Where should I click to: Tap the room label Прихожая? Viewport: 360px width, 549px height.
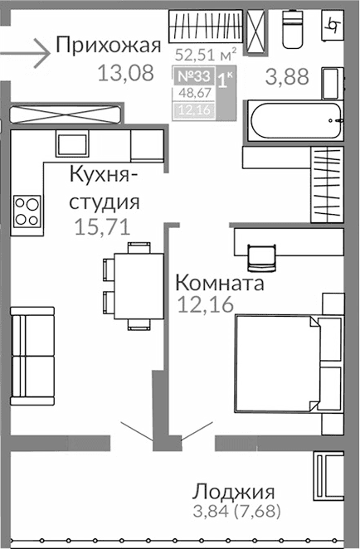[105, 45]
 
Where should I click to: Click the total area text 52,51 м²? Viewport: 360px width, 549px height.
[207, 55]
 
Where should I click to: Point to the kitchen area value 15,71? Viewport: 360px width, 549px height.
[102, 226]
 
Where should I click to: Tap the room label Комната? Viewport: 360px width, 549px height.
[219, 284]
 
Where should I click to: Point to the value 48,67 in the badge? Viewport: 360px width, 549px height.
[192, 95]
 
